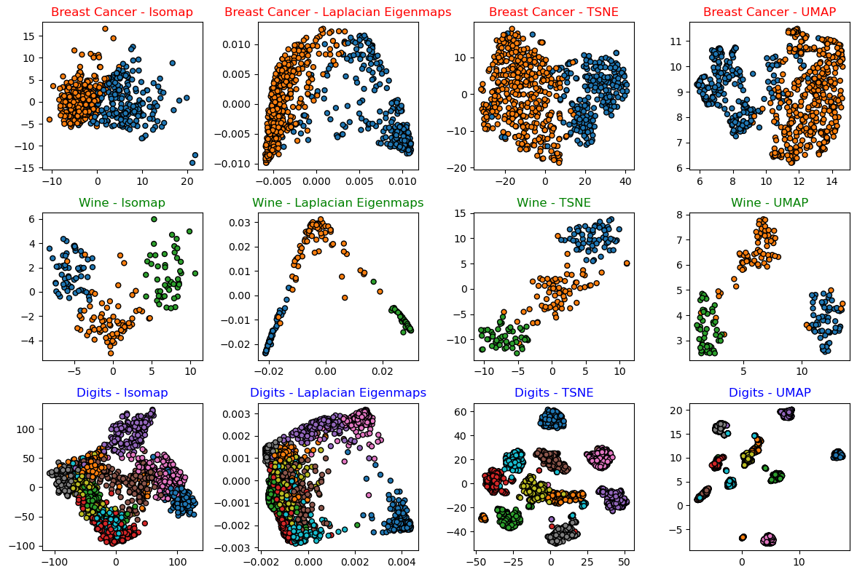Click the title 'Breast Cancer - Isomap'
pos(122,12)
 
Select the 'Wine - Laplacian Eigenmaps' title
pos(338,202)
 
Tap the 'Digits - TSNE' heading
pos(552,392)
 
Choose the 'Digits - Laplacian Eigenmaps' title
pos(338,392)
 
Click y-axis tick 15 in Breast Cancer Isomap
pos(30,35)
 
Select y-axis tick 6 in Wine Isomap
pos(30,219)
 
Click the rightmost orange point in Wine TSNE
pos(627,263)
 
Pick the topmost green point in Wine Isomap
pos(154,219)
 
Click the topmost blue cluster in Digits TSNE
pos(552,418)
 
